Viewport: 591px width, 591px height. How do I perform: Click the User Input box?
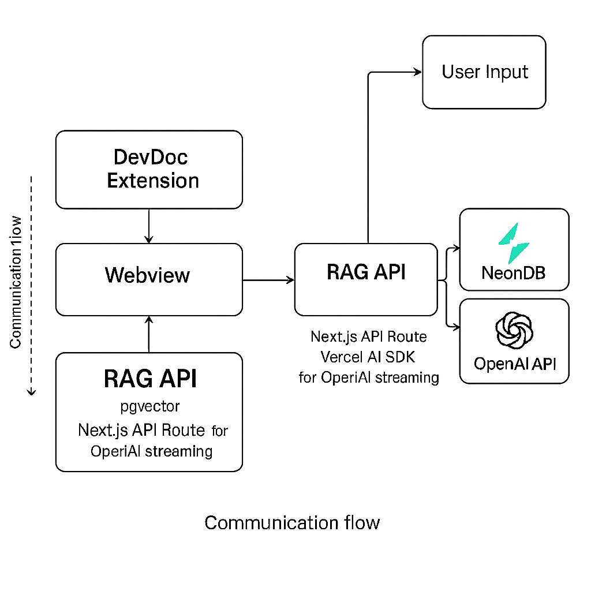click(x=484, y=72)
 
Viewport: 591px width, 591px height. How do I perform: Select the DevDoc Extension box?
click(x=149, y=169)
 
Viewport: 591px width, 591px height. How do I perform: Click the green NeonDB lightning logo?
click(x=514, y=244)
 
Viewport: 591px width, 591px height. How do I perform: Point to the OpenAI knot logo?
click(x=514, y=330)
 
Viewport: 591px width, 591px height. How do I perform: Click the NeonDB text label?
click(x=514, y=272)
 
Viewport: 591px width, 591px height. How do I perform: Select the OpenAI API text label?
click(x=514, y=364)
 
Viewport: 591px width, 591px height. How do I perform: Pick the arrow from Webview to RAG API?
click(x=268, y=280)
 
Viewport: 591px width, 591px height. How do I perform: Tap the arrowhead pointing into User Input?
click(x=417, y=72)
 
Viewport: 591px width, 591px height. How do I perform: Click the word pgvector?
click(x=150, y=406)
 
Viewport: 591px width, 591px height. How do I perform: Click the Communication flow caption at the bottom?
click(x=292, y=523)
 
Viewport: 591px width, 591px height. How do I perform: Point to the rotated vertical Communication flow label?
click(x=16, y=283)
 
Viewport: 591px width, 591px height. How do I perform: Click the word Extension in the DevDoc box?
click(x=153, y=181)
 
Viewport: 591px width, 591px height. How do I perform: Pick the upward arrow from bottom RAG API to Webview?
click(x=149, y=334)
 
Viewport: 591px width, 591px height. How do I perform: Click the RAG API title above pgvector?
click(x=150, y=379)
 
